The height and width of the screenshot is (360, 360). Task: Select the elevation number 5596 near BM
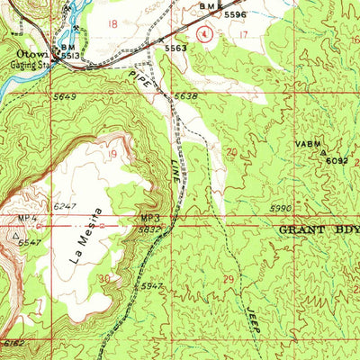pyautogui.click(x=236, y=15)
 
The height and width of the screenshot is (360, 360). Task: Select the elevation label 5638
pyautogui.click(x=185, y=96)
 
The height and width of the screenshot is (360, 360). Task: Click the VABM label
pyautogui.click(x=307, y=143)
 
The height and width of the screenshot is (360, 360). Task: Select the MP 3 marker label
pyautogui.click(x=149, y=218)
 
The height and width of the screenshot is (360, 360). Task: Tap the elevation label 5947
pyautogui.click(x=154, y=286)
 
